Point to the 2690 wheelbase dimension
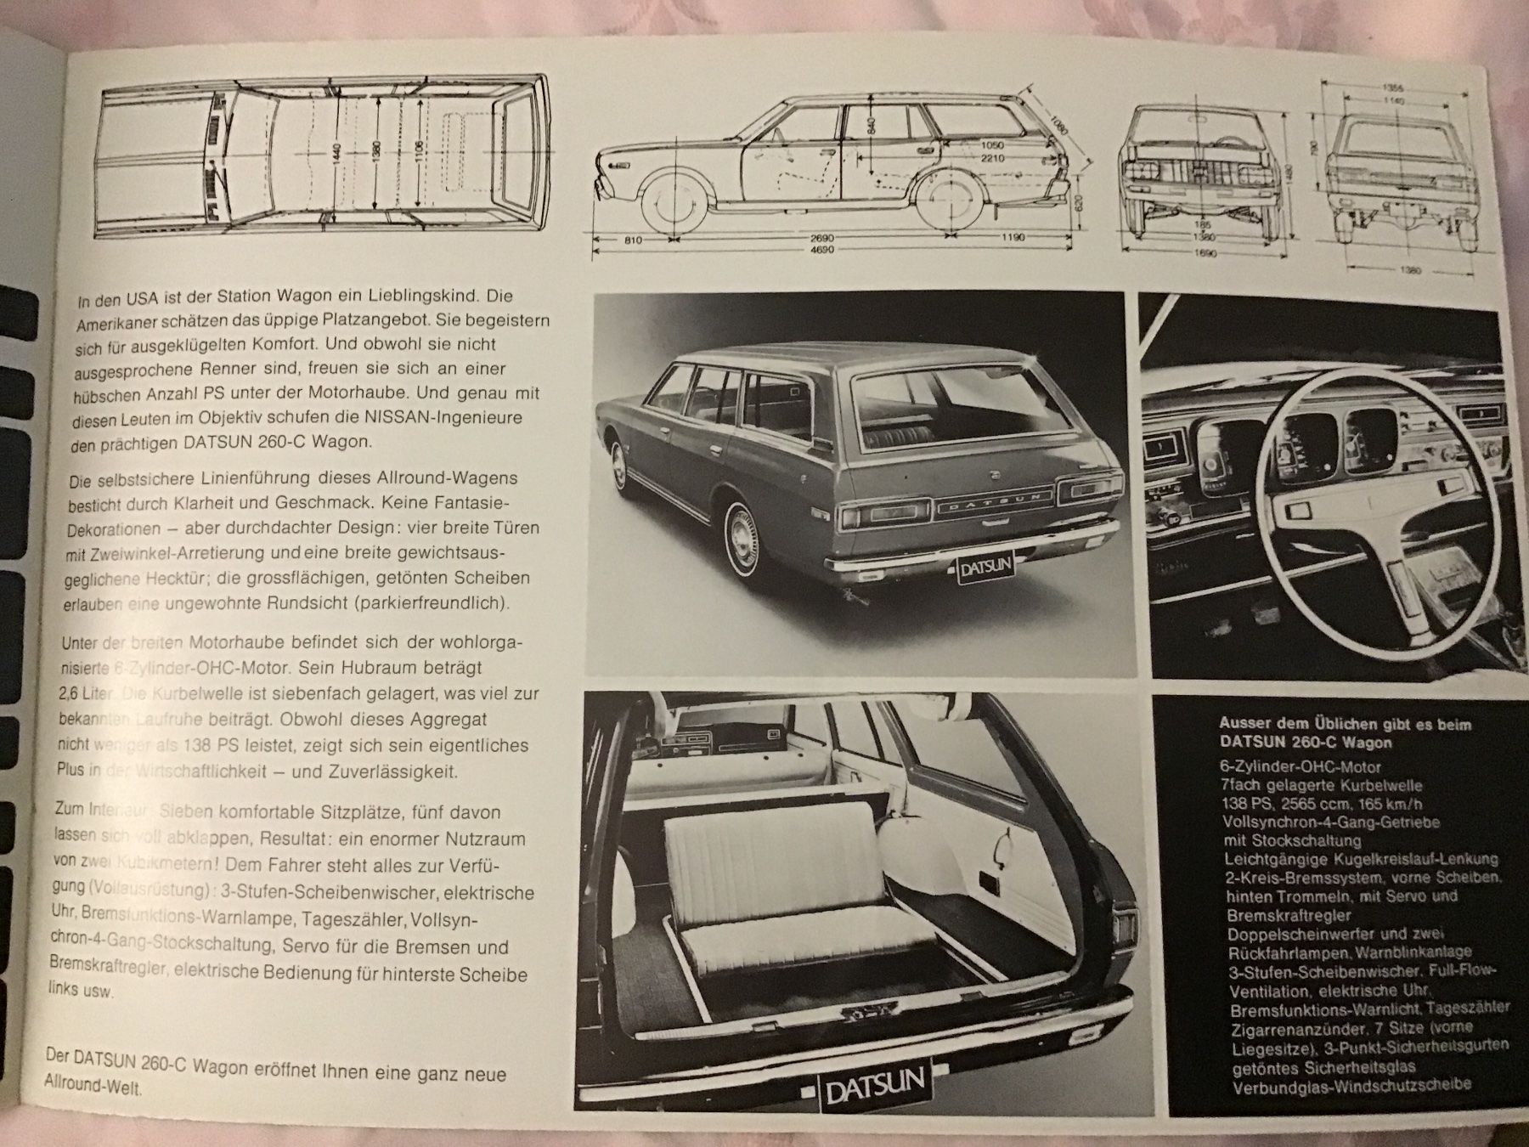tap(822, 238)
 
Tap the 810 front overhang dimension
tap(632, 240)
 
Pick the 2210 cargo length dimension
tap(992, 158)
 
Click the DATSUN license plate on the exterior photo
tap(985, 570)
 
